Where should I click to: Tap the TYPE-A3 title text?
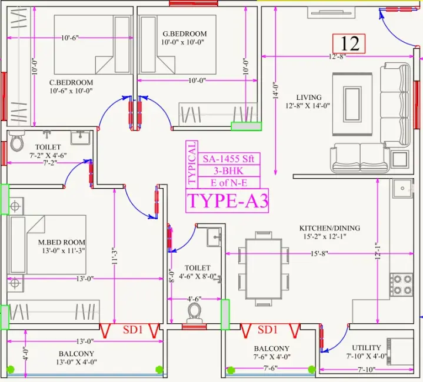pos(228,201)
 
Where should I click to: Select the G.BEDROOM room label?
pos(185,34)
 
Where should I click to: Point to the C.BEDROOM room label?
pos(71,82)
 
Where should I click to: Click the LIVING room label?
pos(309,98)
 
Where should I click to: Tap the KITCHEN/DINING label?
pos(329,228)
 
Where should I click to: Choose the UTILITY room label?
pos(367,347)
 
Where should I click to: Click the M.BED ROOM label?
pos(62,242)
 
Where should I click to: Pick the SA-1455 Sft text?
pos(228,159)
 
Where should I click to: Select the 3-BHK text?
pos(228,171)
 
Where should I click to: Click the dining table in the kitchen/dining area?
pos(264,269)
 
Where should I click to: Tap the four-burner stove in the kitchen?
pos(401,284)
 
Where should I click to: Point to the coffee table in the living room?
pos(352,104)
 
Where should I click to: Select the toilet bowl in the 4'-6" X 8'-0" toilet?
pos(194,313)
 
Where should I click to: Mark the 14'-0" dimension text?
pos(275,91)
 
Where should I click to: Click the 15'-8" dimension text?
pos(319,253)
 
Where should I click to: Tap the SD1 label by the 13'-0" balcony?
pos(132,330)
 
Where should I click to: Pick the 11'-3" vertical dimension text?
pos(115,256)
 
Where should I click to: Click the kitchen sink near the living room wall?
pos(402,188)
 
